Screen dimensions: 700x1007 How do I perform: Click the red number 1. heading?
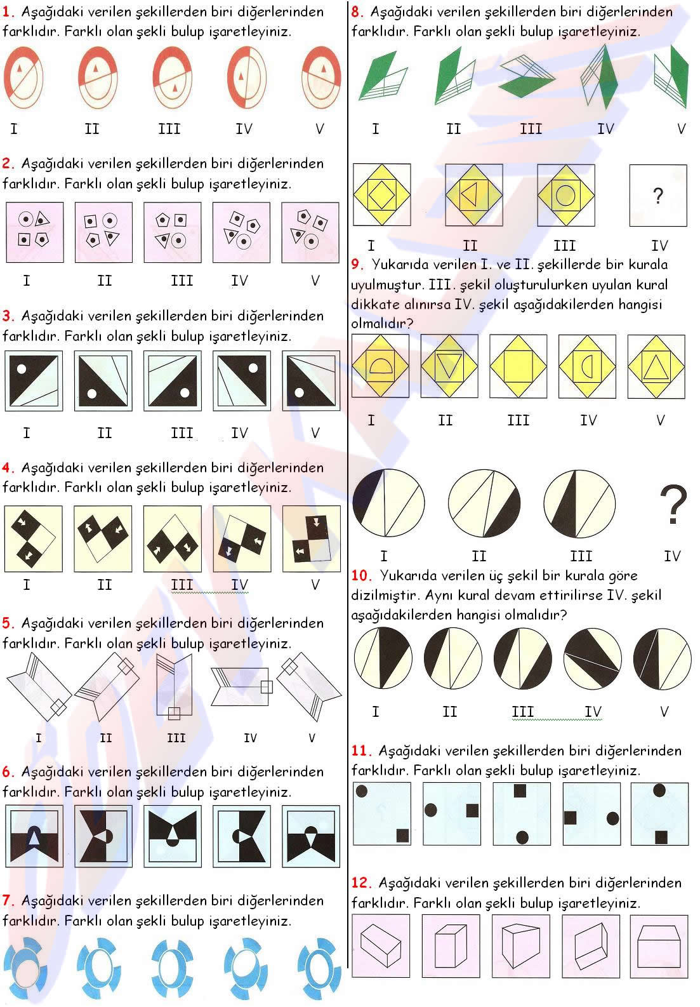8,11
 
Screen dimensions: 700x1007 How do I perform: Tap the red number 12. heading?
361,883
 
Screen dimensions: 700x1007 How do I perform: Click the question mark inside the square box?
657,196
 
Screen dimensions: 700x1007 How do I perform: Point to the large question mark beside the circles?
673,504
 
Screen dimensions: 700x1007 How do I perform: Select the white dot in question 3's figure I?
21,370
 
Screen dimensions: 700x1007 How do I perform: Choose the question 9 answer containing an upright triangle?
656,366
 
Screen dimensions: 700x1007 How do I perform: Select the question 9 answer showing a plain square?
518,366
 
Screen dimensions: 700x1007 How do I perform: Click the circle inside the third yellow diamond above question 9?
565,195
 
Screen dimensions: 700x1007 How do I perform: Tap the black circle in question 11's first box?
362,791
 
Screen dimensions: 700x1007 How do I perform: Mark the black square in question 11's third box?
520,790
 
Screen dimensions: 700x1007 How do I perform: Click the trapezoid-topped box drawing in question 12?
659,947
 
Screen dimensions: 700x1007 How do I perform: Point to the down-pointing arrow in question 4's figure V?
316,522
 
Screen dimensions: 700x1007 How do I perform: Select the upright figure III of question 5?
174,686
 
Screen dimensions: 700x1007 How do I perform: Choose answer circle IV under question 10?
592,658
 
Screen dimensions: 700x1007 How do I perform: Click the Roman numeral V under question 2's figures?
315,281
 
